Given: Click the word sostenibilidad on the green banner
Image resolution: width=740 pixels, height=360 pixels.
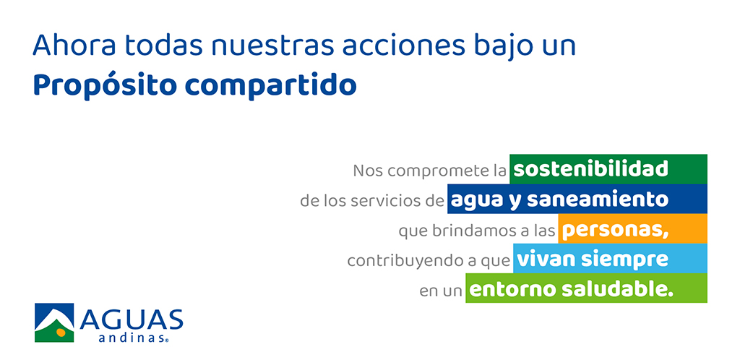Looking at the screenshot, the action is coord(591,169).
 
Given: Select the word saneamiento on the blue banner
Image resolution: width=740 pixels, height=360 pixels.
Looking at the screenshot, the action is coord(598,199).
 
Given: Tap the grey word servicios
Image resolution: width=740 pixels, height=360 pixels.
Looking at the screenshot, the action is coord(379,200).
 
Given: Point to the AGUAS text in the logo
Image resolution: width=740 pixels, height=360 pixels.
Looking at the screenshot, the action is coord(131,320).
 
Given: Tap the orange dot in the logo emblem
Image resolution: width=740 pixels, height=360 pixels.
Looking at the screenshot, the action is coord(61,332).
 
